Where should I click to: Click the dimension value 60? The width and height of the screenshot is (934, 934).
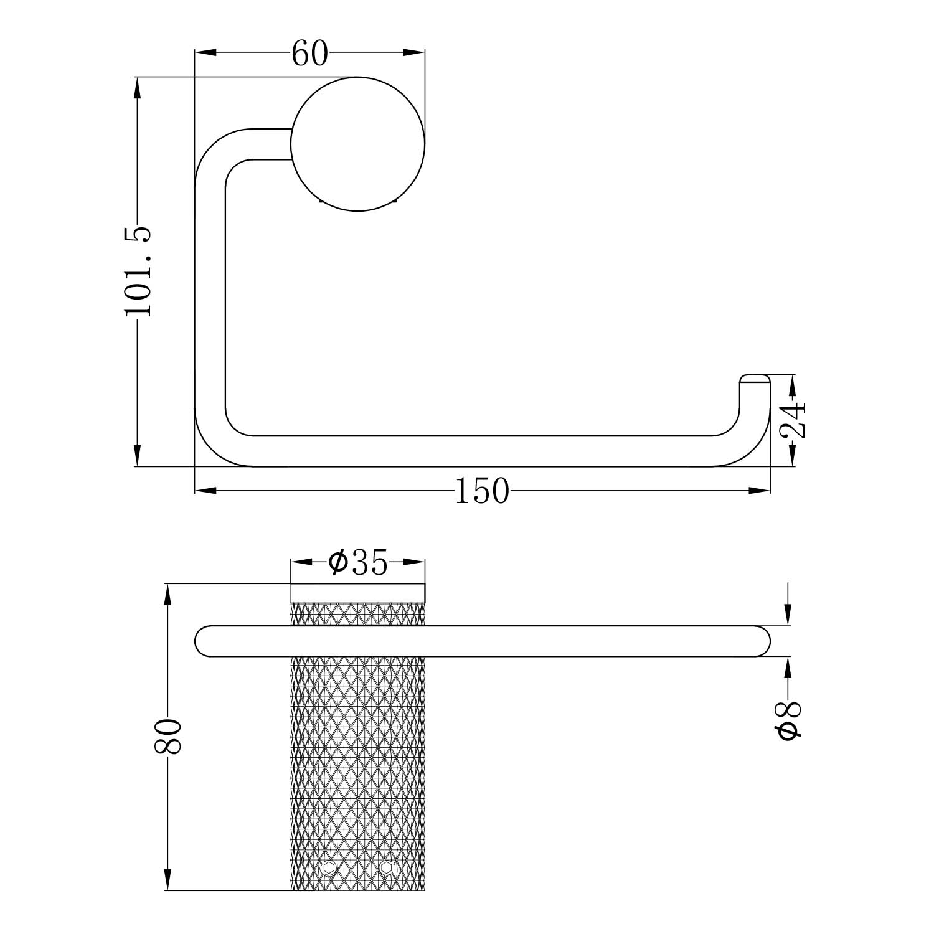click(x=309, y=54)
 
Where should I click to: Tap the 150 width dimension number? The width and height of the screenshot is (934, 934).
click(x=482, y=491)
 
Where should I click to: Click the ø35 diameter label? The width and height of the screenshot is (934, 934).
click(x=358, y=563)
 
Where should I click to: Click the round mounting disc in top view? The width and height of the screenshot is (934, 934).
click(x=358, y=144)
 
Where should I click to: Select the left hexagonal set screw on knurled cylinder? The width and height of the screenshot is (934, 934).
click(x=329, y=867)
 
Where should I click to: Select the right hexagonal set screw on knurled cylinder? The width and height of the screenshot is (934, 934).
click(x=387, y=867)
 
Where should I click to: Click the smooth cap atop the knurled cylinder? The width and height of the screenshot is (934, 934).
click(x=358, y=593)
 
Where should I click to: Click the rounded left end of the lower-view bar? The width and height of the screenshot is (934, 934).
click(x=204, y=641)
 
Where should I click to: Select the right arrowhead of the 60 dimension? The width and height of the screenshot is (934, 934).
click(x=414, y=53)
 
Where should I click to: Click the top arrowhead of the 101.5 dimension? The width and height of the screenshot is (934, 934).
click(x=138, y=87)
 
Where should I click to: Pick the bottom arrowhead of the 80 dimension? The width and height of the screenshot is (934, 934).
click(x=167, y=880)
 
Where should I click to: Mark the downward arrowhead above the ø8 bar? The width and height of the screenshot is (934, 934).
click(x=789, y=615)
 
